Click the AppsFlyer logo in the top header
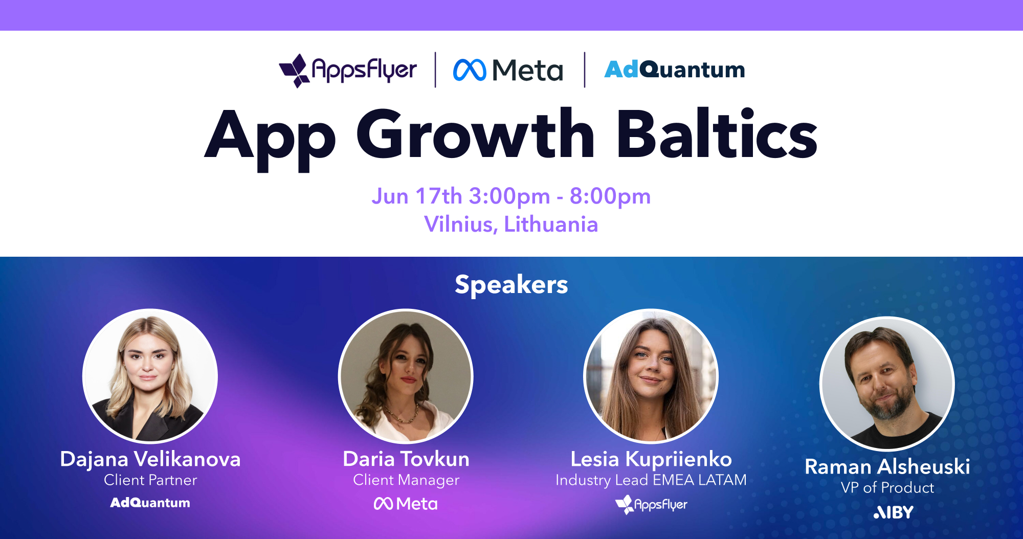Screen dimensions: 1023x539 coord(348,71)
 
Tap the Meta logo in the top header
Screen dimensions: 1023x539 coord(508,70)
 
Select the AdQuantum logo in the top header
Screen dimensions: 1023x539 coord(675,70)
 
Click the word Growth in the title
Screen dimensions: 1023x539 coord(476,134)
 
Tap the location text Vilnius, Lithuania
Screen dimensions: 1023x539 coord(511,224)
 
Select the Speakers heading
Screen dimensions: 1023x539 coord(511,284)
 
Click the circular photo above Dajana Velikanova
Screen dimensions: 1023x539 coord(150,376)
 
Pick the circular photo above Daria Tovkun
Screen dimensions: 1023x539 coord(406,376)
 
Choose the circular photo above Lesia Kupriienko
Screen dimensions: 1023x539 coord(651,376)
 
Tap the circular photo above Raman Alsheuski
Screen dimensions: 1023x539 coord(887,384)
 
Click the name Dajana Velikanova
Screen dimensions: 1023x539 coord(150,459)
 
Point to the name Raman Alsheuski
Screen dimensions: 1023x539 coord(887,466)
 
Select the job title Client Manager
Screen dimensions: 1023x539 coord(406,480)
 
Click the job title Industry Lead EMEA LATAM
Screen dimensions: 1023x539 coord(651,480)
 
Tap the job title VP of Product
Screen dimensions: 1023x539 coord(887,488)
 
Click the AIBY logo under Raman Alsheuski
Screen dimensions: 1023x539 coord(893,512)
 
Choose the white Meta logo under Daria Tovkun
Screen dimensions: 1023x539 coord(406,504)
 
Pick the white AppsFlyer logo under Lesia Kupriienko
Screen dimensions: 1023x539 coord(651,505)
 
